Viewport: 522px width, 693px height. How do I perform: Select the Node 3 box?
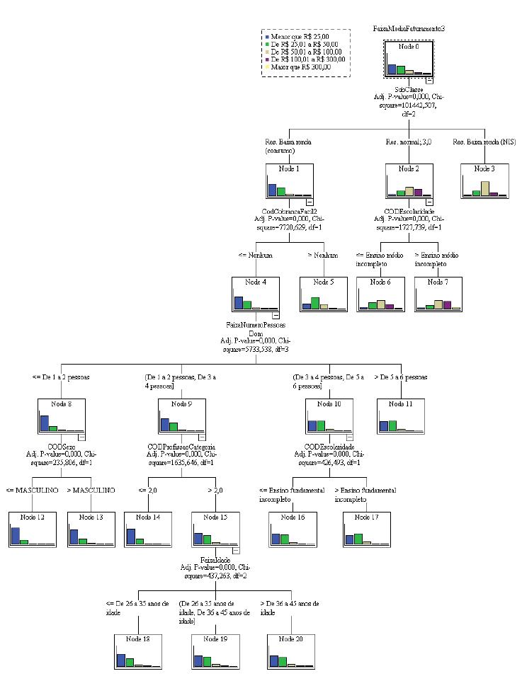[x=484, y=181]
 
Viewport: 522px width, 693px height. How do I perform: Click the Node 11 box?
[x=400, y=416]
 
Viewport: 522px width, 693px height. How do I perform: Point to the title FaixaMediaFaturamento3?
[x=409, y=28]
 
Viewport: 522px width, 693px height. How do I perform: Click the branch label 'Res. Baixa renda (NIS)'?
[x=485, y=142]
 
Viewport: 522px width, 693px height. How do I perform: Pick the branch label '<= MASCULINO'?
[x=30, y=490]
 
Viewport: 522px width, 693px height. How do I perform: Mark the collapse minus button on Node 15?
[x=236, y=550]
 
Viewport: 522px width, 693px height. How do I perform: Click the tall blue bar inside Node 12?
[x=16, y=536]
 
